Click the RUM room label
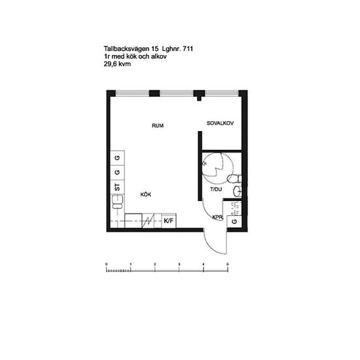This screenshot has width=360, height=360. click(x=158, y=126)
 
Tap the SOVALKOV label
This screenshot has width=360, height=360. click(x=220, y=123)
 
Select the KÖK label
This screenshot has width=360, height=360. click(x=146, y=194)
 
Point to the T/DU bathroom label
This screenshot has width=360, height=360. click(x=216, y=189)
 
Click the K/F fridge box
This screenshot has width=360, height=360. click(x=169, y=221)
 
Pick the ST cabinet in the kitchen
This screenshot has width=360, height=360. click(x=117, y=187)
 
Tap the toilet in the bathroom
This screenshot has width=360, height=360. click(x=234, y=179)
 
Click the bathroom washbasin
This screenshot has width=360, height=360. click(x=238, y=192)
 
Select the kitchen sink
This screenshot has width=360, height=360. click(x=117, y=202)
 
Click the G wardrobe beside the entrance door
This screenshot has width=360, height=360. click(x=234, y=221)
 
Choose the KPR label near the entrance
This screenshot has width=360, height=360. click(x=217, y=217)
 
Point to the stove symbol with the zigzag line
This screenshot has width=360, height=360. click(x=148, y=221)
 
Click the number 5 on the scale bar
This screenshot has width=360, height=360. click(x=228, y=264)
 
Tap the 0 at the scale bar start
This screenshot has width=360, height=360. click(x=106, y=264)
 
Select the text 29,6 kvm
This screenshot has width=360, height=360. click(x=117, y=64)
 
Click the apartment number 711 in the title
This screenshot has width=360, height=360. click(x=188, y=48)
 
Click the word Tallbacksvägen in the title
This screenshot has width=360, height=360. click(x=126, y=49)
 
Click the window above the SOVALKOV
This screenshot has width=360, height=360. click(x=221, y=93)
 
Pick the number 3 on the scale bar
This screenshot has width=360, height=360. click(x=179, y=264)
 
